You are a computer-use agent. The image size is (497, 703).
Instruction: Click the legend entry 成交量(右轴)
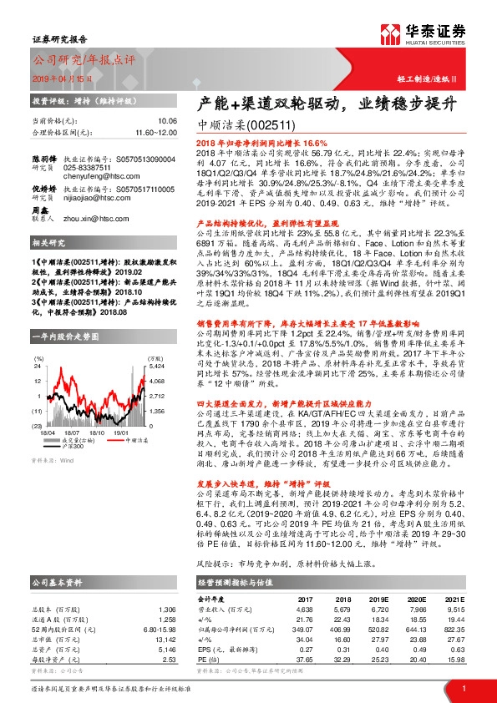[93, 441]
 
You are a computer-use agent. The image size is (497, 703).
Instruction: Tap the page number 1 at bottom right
[464, 687]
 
